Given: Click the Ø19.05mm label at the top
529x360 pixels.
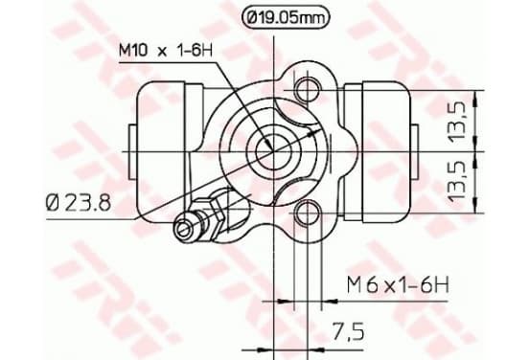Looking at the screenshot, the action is pyautogui.click(x=285, y=18).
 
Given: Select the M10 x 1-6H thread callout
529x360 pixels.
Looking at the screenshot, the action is pyautogui.click(x=165, y=51).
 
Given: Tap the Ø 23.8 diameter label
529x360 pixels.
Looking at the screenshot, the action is pyautogui.click(x=79, y=203).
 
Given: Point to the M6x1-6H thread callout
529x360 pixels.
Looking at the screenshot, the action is pyautogui.click(x=398, y=285).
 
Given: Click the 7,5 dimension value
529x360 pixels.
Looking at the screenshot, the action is pyautogui.click(x=348, y=331).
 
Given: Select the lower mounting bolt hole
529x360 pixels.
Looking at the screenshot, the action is pyautogui.click(x=308, y=213).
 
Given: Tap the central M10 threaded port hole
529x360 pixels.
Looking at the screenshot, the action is pyautogui.click(x=273, y=151).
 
